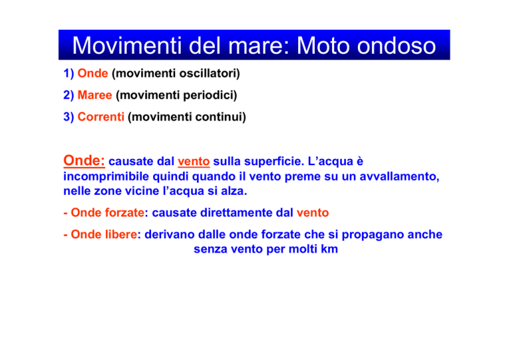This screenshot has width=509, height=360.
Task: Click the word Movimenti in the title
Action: [127, 46]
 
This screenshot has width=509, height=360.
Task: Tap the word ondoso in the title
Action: [396, 46]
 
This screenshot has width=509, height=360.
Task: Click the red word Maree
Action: [95, 95]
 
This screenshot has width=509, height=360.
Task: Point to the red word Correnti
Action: [101, 117]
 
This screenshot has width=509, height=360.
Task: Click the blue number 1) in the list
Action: [69, 74]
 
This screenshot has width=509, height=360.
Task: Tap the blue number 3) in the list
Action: [69, 117]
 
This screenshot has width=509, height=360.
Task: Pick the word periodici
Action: [210, 95]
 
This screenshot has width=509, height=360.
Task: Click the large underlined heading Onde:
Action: [84, 160]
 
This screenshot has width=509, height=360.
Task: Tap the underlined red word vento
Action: [194, 162]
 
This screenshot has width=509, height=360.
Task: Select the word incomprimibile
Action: [106, 176]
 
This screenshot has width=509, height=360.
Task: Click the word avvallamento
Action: [399, 176]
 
